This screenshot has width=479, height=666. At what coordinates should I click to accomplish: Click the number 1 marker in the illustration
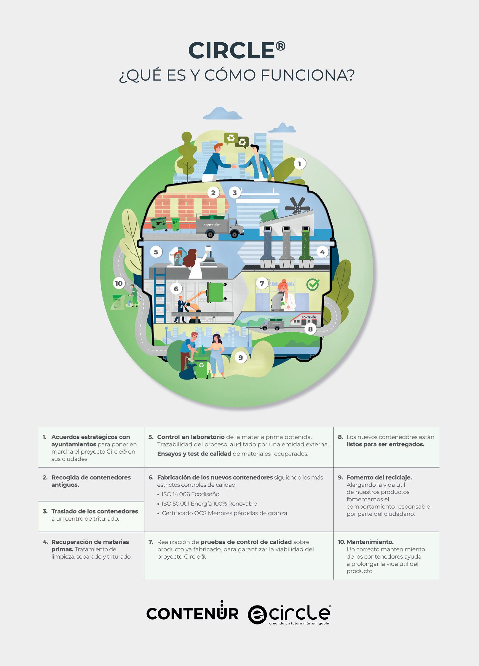click(300, 164)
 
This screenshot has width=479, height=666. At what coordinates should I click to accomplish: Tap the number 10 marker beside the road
click(119, 283)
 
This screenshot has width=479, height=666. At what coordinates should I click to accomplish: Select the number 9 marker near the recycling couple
click(241, 358)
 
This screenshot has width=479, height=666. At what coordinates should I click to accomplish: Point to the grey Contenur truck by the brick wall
click(220, 227)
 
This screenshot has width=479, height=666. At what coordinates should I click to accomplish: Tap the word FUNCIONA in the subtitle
click(307, 76)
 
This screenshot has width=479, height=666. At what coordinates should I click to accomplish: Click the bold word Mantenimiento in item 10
click(370, 542)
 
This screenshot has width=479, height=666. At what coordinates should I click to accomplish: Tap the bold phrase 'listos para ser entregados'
click(385, 444)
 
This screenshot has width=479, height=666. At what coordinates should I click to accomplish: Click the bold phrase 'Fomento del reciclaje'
click(379, 477)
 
